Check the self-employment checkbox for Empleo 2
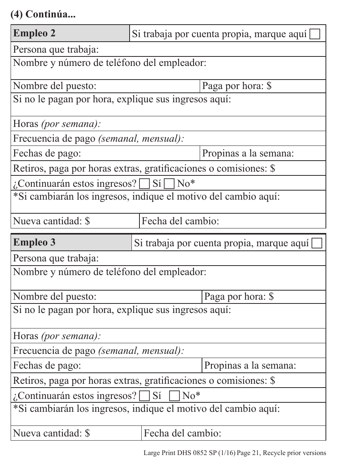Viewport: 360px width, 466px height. tap(315, 35)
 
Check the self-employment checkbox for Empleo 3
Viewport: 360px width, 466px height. tap(317, 244)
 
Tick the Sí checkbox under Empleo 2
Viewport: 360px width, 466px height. tap(144, 185)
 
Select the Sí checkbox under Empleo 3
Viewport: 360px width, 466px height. tap(144, 396)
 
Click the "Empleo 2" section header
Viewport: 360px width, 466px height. tap(34, 33)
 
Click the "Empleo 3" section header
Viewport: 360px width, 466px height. tap(34, 242)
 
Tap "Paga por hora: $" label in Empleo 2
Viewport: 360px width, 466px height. tap(237, 86)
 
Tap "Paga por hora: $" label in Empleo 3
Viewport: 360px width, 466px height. tap(239, 297)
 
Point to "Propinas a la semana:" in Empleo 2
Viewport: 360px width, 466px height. tap(248, 153)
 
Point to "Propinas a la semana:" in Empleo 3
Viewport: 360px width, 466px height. tap(250, 366)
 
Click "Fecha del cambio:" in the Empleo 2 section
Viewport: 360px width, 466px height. tap(180, 221)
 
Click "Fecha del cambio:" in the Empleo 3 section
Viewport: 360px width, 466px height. tap(182, 433)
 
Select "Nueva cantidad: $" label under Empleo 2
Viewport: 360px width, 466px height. tap(52, 221)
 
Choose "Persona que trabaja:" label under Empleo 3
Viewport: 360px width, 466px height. tap(56, 258)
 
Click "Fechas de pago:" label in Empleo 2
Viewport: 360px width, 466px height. tap(47, 153)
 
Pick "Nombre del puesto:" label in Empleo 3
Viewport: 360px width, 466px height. tap(55, 297)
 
